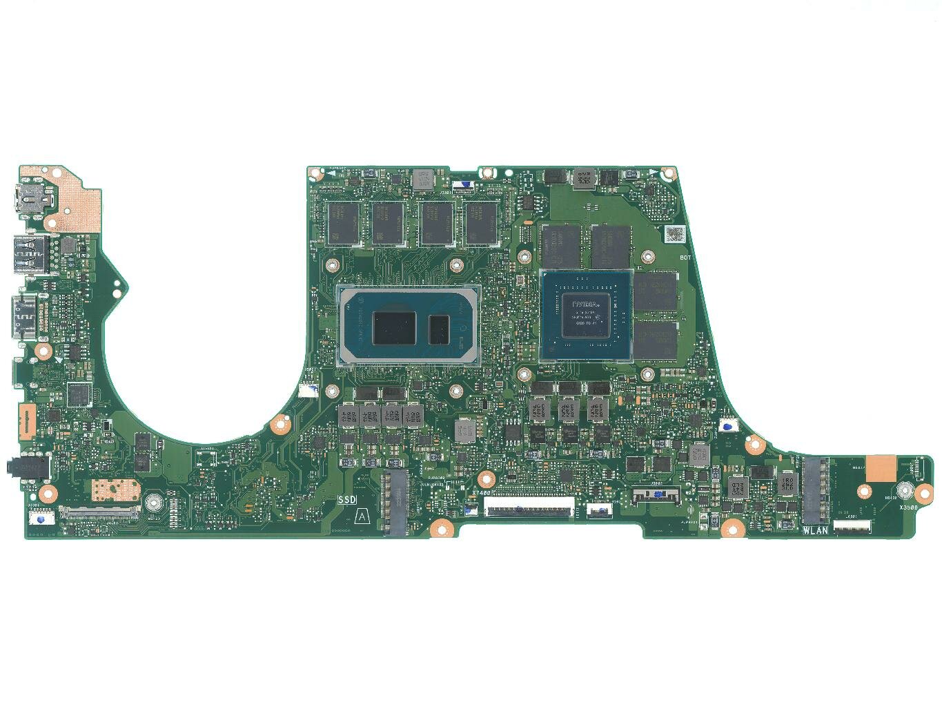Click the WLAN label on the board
point(815,530)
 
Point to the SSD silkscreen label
point(347,498)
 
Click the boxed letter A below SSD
point(360,515)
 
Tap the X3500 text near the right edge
point(908,507)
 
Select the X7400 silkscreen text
point(480,493)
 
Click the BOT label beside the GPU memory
point(685,258)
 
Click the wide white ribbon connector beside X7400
point(529,507)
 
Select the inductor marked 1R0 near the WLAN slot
point(785,483)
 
